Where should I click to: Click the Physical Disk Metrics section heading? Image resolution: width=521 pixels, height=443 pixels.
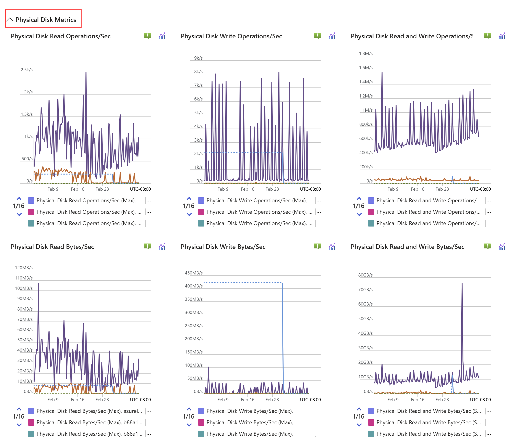45,20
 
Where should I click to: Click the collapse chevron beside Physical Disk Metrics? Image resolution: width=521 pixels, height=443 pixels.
10,19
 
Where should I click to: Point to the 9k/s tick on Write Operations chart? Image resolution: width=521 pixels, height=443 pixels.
198,58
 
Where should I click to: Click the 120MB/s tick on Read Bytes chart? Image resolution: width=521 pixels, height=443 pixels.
24,267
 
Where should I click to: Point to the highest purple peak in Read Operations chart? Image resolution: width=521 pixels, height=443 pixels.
86,73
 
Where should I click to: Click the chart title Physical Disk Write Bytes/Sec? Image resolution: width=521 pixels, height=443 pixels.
223,247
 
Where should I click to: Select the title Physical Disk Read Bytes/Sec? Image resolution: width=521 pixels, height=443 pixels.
52,247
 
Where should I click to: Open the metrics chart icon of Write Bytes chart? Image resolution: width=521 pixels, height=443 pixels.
332,247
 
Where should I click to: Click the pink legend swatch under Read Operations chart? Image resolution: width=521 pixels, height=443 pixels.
31,212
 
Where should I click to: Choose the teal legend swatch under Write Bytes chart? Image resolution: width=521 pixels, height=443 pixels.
201,434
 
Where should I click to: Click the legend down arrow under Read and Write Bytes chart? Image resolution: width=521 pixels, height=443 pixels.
359,425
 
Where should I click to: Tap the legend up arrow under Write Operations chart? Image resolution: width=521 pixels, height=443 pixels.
189,198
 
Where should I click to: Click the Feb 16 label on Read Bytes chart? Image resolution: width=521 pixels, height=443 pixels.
77,399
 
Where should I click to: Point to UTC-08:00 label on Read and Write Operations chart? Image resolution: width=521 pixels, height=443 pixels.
480,189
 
